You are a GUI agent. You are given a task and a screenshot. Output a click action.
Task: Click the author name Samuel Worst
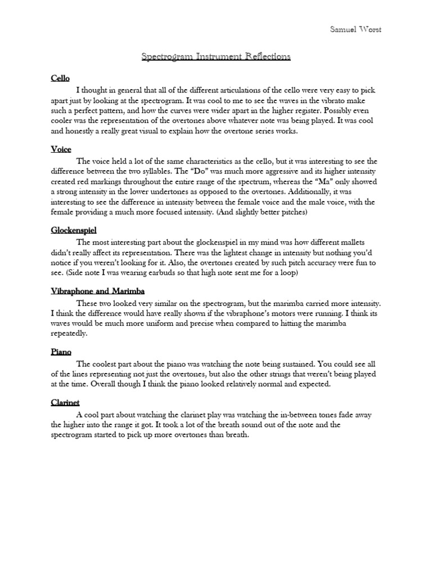355,30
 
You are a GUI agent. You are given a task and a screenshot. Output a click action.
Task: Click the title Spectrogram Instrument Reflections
215,56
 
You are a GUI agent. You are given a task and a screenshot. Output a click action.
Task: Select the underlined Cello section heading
60,79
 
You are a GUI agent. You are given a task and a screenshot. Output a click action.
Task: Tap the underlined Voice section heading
61,149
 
